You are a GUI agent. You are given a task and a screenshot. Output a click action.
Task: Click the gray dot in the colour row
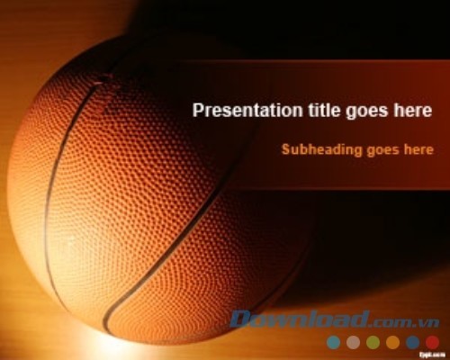(353, 342)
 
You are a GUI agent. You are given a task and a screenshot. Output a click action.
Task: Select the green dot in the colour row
(373, 342)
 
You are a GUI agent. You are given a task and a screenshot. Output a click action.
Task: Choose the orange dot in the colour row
(392, 342)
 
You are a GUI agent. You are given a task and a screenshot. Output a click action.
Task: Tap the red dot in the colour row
(432, 342)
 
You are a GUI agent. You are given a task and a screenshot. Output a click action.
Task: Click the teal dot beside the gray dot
(333, 342)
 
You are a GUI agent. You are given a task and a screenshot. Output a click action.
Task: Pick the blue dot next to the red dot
(412, 342)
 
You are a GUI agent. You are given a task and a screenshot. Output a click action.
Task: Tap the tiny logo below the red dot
(431, 355)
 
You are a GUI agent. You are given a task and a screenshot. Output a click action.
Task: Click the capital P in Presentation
(198, 111)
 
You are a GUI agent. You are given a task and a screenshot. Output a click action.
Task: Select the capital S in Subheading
(286, 149)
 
